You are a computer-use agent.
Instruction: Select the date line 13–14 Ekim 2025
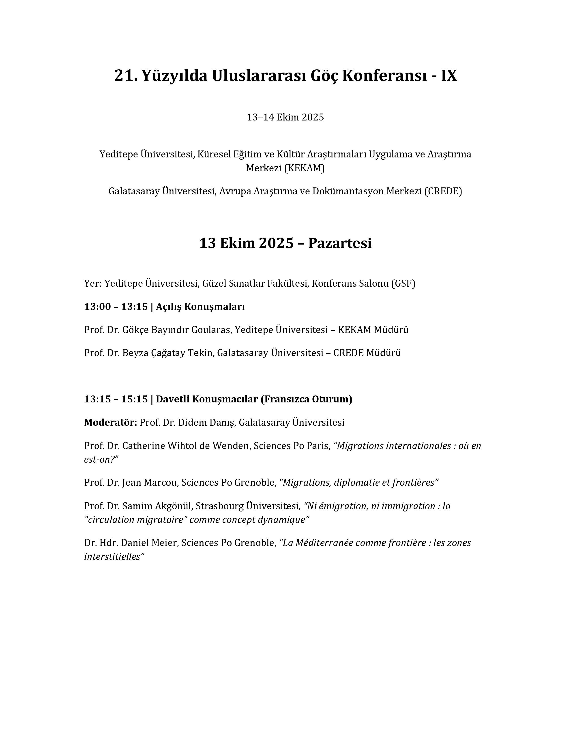click(285, 117)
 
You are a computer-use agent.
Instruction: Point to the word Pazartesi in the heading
click(340, 243)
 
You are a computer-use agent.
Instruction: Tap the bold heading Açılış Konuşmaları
click(200, 307)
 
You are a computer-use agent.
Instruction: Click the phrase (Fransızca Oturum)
click(306, 399)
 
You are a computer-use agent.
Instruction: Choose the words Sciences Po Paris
click(292, 446)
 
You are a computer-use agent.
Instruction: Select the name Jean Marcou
click(149, 483)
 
